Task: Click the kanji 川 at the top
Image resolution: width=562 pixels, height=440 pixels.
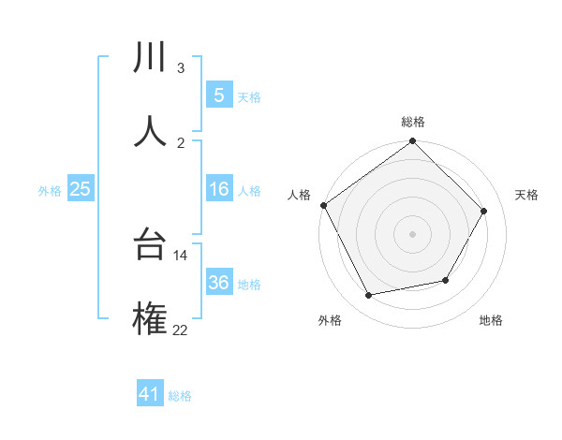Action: tap(150, 58)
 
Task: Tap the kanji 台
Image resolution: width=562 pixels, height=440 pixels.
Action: tap(150, 246)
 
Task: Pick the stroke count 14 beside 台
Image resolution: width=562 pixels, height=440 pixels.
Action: tap(180, 255)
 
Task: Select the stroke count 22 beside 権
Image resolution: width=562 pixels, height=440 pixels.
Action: tap(180, 329)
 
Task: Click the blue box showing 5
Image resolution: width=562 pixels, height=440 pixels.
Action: tap(218, 95)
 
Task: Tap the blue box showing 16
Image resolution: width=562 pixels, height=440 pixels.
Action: tap(218, 189)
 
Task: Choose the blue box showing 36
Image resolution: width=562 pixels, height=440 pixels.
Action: tap(218, 283)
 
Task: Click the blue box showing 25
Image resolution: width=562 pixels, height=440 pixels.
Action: tap(80, 189)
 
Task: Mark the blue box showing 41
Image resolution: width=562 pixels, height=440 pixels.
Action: tap(150, 394)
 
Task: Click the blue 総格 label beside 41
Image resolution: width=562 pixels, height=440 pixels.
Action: tap(180, 396)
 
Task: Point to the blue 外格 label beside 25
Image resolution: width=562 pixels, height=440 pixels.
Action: tap(50, 191)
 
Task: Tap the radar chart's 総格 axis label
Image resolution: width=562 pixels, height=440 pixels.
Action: tap(413, 122)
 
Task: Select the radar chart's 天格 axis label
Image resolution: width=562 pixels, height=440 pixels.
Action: tap(527, 195)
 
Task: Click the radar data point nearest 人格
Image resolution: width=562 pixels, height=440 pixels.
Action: tap(324, 205)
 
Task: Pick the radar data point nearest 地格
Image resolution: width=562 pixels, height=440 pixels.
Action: tap(446, 280)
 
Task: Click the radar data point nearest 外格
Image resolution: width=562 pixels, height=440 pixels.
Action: tap(369, 296)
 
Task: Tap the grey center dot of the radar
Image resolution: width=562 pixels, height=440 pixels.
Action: tap(413, 234)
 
